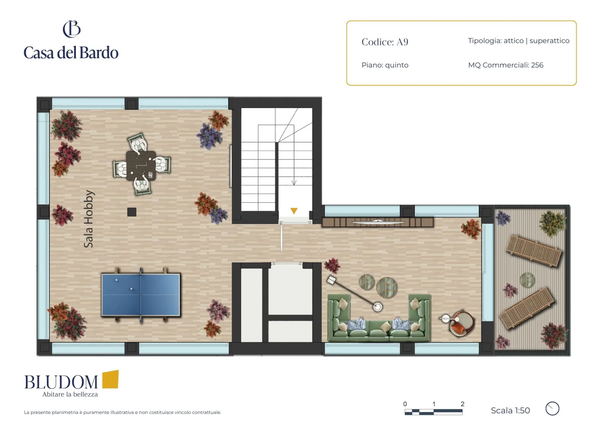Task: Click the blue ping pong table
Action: [x=141, y=295]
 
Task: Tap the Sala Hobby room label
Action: [x=89, y=219]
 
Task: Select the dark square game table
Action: [x=141, y=166]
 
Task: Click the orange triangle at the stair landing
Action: [x=294, y=211]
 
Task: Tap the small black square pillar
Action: [x=132, y=212]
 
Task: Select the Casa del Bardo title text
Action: [x=71, y=53]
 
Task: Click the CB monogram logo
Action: [x=72, y=29]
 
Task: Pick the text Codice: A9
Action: [x=385, y=42]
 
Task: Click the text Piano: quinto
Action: [x=385, y=65]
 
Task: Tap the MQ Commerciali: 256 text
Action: [x=506, y=65]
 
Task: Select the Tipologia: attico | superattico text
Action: [x=519, y=41]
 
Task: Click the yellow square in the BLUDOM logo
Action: [x=110, y=379]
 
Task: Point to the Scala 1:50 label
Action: [x=510, y=410]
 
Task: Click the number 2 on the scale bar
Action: [x=462, y=404]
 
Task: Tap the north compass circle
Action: [x=552, y=409]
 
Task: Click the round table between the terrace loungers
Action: [x=527, y=280]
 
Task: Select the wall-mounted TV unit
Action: [x=378, y=222]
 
